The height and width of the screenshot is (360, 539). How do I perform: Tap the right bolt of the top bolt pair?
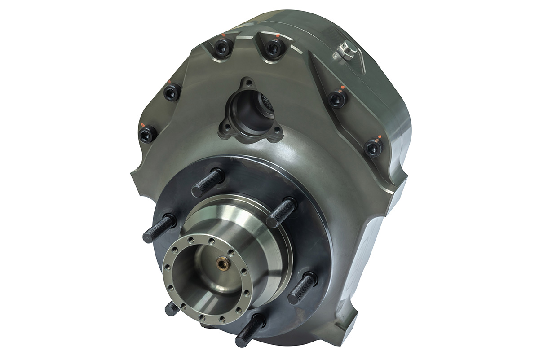coord(273,48)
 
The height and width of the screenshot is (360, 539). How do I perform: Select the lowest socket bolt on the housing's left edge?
coord(147,134)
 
